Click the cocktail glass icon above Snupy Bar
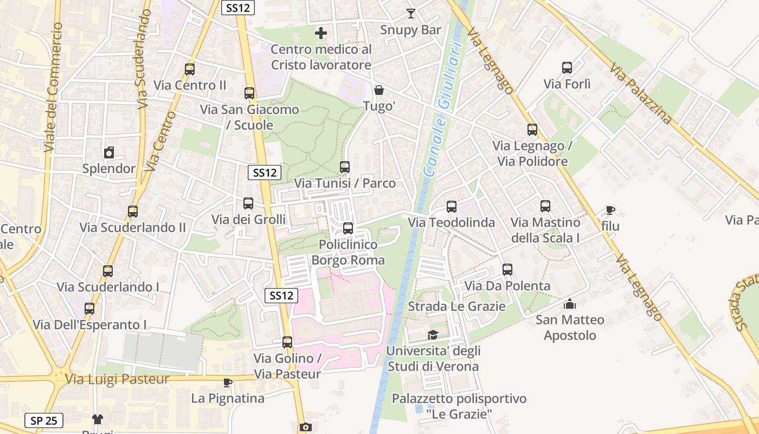(411, 14)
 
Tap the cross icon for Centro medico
(321, 33)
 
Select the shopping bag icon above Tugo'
(379, 90)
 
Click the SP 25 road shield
(44, 420)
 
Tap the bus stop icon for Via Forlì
(567, 68)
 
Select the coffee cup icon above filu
(610, 210)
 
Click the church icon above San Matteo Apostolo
(570, 304)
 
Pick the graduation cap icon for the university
(433, 335)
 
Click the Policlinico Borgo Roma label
(348, 252)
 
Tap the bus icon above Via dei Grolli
(248, 203)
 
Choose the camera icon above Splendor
(109, 152)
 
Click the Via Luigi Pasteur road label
(117, 379)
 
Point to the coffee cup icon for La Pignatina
(228, 382)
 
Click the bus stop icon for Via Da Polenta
(507, 270)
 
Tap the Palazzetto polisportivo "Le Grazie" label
(459, 406)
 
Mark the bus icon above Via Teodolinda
(452, 207)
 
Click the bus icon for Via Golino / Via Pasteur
(287, 342)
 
